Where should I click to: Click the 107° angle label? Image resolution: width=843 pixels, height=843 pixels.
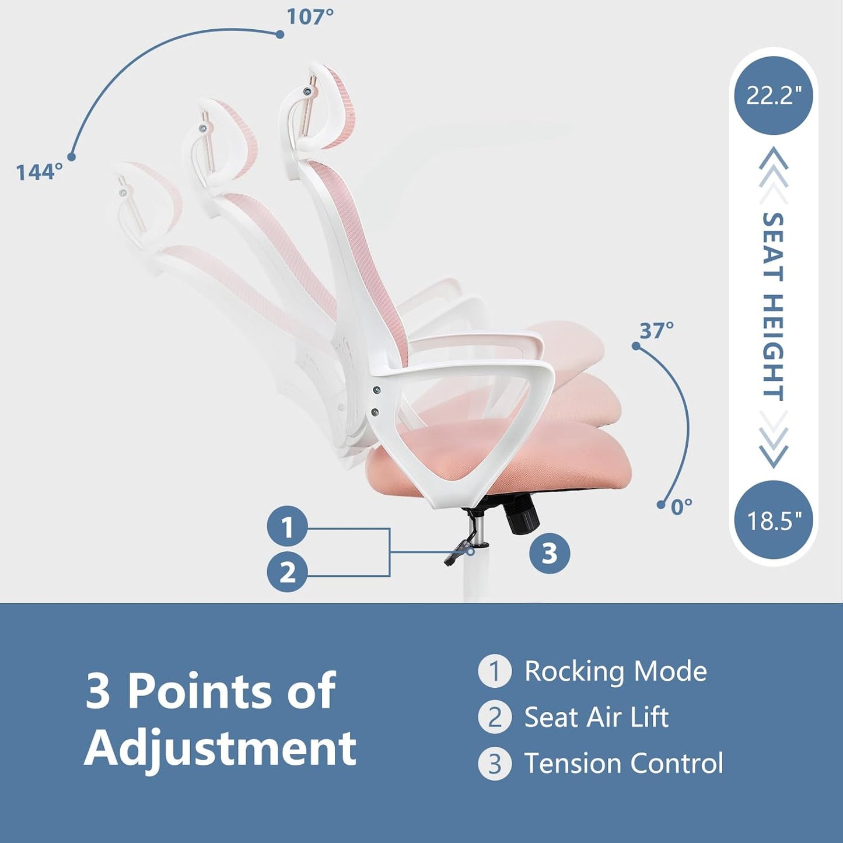[310, 17]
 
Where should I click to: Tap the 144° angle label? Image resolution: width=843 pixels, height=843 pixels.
[39, 172]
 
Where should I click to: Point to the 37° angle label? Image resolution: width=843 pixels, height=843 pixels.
[657, 331]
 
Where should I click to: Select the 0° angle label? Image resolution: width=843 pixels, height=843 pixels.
[681, 506]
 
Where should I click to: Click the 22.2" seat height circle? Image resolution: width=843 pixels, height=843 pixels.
[773, 95]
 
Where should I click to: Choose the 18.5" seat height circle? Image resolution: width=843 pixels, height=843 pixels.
[773, 519]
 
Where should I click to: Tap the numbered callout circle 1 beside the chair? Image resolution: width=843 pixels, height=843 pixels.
[287, 527]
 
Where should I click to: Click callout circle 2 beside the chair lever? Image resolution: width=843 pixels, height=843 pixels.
[287, 572]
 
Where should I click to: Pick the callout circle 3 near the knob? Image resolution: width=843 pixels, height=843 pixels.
[550, 552]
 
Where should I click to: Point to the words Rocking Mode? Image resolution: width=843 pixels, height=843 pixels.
[615, 671]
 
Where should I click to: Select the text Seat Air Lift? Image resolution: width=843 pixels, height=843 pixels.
[596, 717]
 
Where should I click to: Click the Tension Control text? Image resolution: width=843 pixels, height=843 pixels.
[623, 763]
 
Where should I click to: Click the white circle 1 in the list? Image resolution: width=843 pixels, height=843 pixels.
[495, 671]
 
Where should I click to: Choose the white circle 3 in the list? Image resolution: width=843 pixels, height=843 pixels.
[495, 764]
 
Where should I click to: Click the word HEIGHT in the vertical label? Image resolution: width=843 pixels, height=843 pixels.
[773, 347]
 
